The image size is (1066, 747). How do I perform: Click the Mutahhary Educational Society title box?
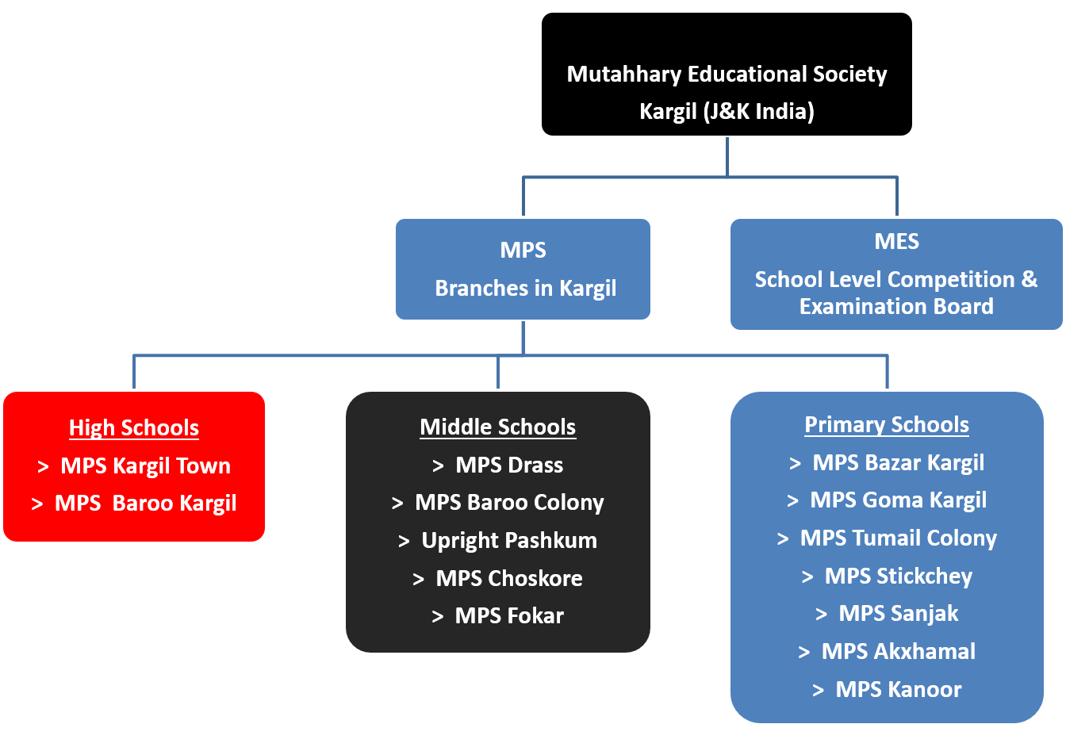tap(727, 75)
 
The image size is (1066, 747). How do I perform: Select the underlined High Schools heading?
tap(134, 428)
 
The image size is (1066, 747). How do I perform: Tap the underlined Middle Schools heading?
tap(497, 427)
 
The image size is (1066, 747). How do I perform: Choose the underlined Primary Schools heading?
tap(887, 425)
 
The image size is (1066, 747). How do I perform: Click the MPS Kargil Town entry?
tap(145, 466)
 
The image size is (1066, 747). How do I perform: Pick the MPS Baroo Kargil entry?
tap(145, 504)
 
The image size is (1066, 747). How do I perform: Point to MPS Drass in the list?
tap(509, 465)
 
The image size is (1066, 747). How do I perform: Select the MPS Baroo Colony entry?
tap(509, 503)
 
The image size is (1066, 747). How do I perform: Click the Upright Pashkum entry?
tap(509, 541)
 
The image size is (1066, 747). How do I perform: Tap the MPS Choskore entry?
tap(509, 579)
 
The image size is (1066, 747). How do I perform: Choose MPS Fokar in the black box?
tap(509, 616)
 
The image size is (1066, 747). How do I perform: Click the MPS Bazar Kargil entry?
tap(898, 463)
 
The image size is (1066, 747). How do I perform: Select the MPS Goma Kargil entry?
tap(898, 500)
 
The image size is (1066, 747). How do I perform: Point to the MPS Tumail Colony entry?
tap(898, 538)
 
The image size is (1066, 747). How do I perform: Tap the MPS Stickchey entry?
tap(898, 577)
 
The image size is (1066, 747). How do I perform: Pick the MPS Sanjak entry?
tap(898, 614)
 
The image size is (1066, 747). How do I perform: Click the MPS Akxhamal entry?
tap(898, 652)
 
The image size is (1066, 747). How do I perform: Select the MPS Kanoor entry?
tap(898, 690)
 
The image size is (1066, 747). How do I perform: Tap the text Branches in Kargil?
tap(525, 289)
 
